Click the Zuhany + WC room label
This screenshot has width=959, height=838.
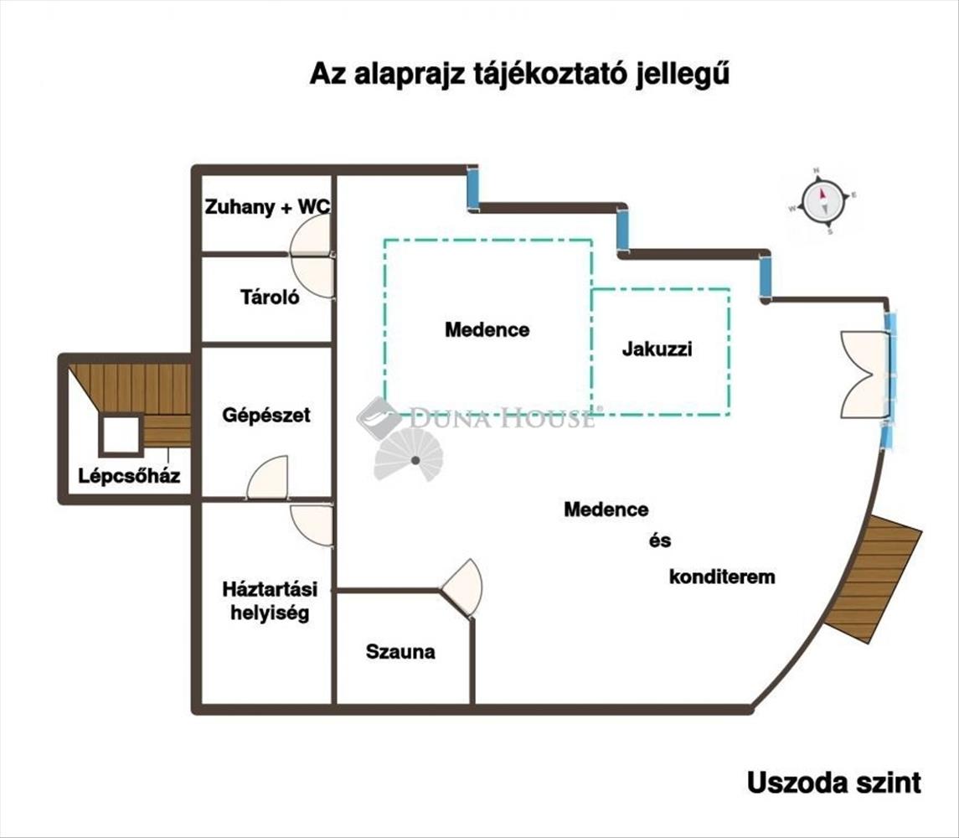[x=266, y=206]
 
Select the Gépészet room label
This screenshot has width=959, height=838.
[x=266, y=415]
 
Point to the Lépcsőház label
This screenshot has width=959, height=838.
[x=129, y=476]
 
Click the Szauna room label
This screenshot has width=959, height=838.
[x=400, y=652]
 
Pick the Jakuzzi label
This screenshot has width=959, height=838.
[x=657, y=349]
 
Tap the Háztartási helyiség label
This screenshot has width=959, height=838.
[x=265, y=601]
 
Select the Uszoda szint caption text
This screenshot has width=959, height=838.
[x=833, y=783]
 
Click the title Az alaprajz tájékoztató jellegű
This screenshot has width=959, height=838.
[x=520, y=74]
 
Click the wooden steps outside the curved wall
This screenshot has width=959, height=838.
[x=872, y=578]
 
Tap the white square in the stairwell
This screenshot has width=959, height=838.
[x=121, y=435]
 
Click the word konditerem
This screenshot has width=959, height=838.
[x=722, y=577]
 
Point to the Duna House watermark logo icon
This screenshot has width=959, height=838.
[x=378, y=417]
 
